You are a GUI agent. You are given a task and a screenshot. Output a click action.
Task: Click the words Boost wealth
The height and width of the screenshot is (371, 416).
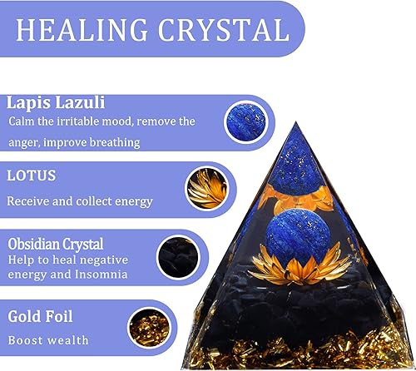click(x=48, y=340)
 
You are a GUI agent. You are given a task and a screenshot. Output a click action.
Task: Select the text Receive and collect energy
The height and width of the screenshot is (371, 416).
click(x=80, y=200)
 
